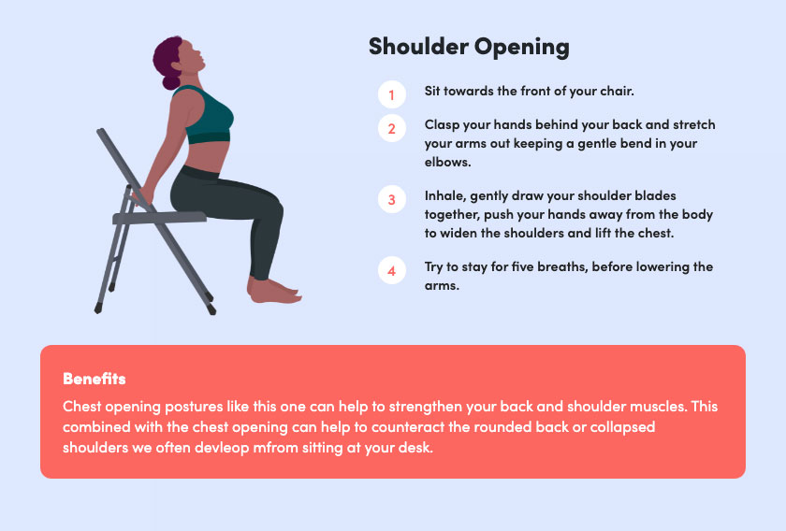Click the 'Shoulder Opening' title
point(469,47)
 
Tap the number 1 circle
point(391,94)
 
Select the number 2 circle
point(391,128)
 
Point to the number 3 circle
point(391,199)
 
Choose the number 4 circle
point(391,270)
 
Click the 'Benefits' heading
point(95,379)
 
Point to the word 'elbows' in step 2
point(446,162)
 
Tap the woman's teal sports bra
point(207,115)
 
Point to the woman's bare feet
point(274,291)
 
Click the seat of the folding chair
point(159,218)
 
